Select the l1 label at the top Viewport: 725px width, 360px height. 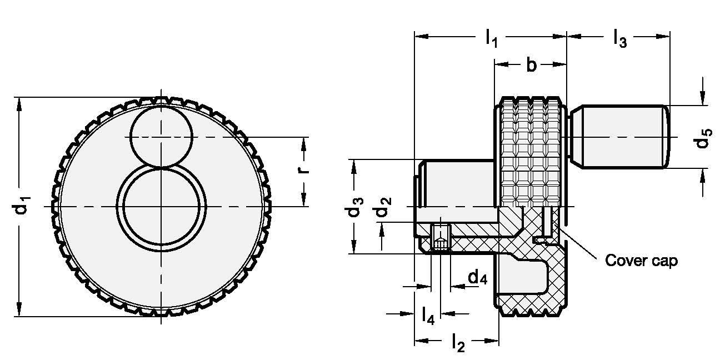coord(491,38)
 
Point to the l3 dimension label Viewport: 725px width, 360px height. coord(619,38)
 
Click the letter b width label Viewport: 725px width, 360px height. coord(531,65)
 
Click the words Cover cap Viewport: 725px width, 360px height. coord(641,261)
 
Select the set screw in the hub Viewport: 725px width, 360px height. coord(441,243)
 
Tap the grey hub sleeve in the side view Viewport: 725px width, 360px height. coord(458,183)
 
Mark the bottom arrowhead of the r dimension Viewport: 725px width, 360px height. coord(303,202)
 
